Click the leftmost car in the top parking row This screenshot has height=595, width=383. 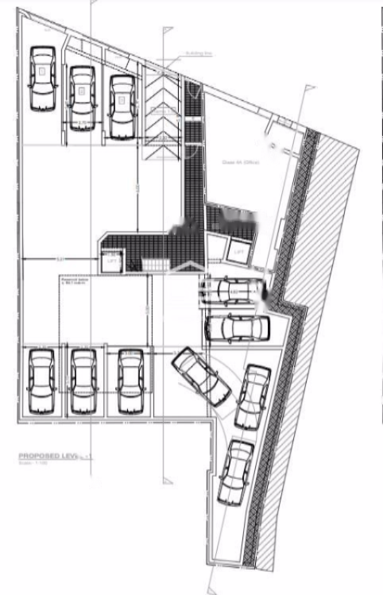43,78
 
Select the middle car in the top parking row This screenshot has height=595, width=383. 82,97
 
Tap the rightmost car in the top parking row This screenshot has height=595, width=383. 122,106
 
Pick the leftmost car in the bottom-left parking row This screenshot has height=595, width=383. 41,381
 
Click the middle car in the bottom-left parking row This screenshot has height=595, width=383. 83,381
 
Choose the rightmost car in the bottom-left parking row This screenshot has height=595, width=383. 130,381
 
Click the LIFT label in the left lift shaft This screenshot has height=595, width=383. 110,257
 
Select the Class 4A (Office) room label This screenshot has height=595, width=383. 236,161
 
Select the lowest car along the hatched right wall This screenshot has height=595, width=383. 235,475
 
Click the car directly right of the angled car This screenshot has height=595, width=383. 253,396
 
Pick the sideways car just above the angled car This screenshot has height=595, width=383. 236,327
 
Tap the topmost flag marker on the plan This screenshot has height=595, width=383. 167,30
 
